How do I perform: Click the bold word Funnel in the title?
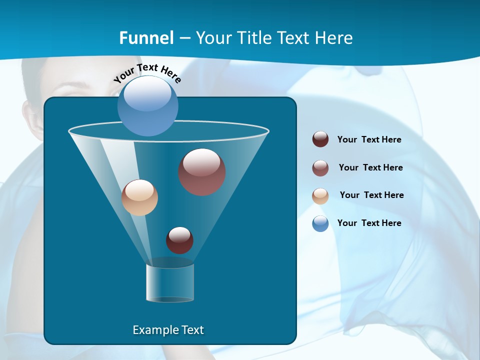pyautogui.click(x=146, y=38)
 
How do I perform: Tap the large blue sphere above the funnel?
pyautogui.click(x=148, y=105)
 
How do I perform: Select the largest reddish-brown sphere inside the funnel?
pyautogui.click(x=202, y=172)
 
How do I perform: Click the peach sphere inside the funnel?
pyautogui.click(x=140, y=197)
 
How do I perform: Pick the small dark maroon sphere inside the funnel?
pyautogui.click(x=179, y=240)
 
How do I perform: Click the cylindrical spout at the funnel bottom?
pyautogui.click(x=170, y=282)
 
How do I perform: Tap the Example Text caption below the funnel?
pyautogui.click(x=168, y=330)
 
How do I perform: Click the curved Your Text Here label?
pyautogui.click(x=147, y=72)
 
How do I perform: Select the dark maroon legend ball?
pyautogui.click(x=320, y=139)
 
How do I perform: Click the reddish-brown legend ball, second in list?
pyautogui.click(x=320, y=168)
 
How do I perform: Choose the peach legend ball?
pyautogui.click(x=320, y=196)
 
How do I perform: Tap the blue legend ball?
pyautogui.click(x=320, y=223)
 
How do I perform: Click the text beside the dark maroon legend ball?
pyautogui.click(x=369, y=139)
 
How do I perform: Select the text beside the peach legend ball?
pyautogui.click(x=371, y=195)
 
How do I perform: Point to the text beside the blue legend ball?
pyautogui.click(x=369, y=223)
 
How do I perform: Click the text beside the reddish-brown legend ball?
pyautogui.click(x=370, y=167)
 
